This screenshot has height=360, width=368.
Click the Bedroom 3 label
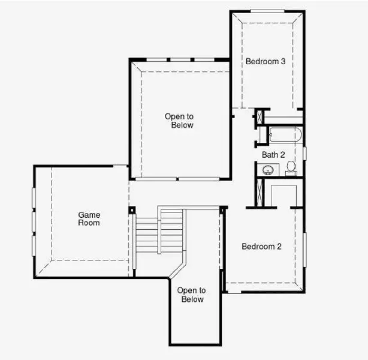(266, 61)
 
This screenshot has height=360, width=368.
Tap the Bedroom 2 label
(261, 246)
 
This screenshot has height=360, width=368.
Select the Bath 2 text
(273, 155)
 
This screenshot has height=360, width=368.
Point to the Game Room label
(89, 219)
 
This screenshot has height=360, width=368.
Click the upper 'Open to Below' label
(180, 121)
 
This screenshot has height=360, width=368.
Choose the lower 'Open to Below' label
(191, 295)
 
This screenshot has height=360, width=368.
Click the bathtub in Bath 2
(284, 135)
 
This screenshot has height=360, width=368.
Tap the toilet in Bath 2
(291, 167)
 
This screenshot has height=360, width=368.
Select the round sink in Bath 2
(267, 170)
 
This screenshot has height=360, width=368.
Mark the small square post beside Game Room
(132, 210)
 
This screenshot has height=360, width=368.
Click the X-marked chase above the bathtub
(260, 116)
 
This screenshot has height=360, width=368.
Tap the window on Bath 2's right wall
(304, 153)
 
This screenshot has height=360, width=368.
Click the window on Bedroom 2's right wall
(304, 248)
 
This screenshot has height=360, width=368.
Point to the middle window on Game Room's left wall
(34, 219)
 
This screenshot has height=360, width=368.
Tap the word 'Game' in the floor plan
(89, 215)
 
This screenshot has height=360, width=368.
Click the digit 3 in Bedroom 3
(283, 61)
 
